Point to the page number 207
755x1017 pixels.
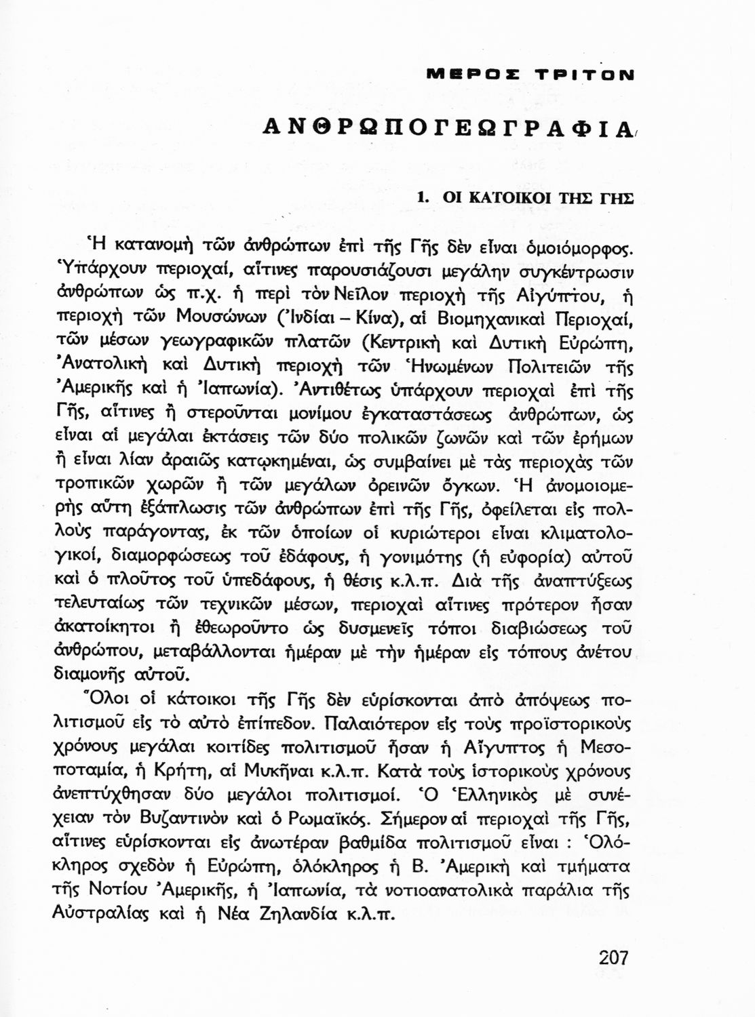[614, 957]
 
